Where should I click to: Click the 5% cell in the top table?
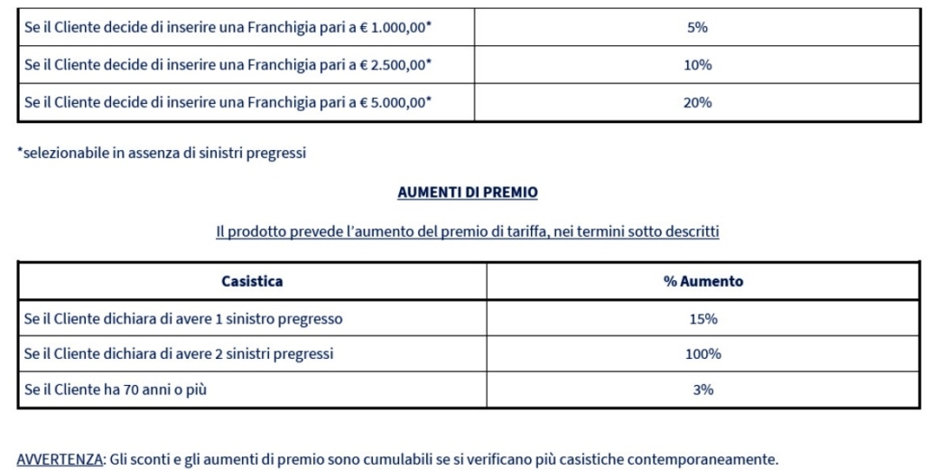click(697, 27)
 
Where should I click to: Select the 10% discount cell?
click(697, 65)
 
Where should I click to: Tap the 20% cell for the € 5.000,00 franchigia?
click(697, 102)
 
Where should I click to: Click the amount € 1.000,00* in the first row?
click(396, 27)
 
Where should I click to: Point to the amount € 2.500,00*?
click(396, 65)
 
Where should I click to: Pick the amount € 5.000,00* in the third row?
click(396, 102)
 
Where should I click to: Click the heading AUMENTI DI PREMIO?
click(467, 193)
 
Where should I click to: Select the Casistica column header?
click(252, 281)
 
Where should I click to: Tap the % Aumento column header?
click(703, 281)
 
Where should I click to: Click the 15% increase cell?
click(703, 318)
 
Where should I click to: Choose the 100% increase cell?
click(703, 354)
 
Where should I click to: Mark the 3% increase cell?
click(703, 390)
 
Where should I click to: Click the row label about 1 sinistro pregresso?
click(183, 318)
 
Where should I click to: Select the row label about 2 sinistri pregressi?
click(179, 354)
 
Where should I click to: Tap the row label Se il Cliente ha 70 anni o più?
click(121, 390)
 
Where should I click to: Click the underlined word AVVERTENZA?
click(60, 458)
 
